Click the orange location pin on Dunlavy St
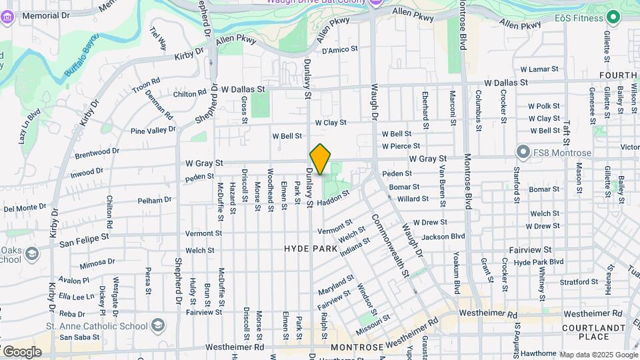[x=321, y=159]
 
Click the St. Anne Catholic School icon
[x=158, y=325]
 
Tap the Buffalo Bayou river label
[x=79, y=55]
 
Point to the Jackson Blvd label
[x=443, y=237]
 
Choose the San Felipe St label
[x=83, y=238]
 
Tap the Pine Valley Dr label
[x=153, y=130]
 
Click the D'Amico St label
[x=340, y=50]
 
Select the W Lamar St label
[x=539, y=69]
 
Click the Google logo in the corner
[x=22, y=351]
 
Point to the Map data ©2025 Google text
[x=598, y=355]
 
